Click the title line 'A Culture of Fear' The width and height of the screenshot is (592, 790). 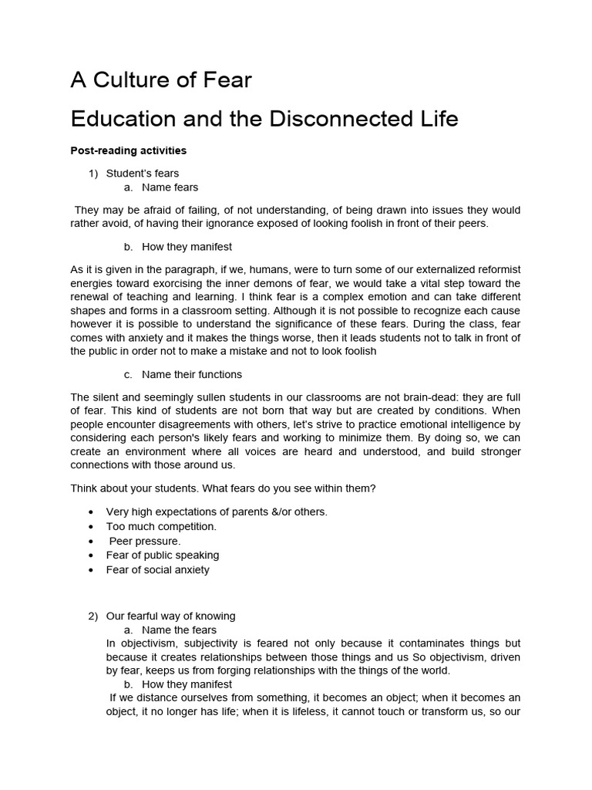click(x=161, y=79)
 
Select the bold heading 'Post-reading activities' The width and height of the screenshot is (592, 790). click(x=128, y=150)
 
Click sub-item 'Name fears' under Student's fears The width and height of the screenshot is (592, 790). click(x=170, y=187)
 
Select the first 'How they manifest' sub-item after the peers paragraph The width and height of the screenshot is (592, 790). click(x=187, y=247)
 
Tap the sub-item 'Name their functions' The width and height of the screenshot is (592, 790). click(x=192, y=374)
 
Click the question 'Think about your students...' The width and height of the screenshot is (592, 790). click(x=223, y=488)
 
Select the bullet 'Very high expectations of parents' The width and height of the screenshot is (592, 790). click(x=217, y=511)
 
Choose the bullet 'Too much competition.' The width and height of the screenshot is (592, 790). click(x=161, y=526)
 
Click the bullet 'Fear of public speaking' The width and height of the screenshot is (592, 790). click(x=163, y=555)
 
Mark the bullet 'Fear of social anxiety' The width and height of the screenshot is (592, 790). click(x=158, y=569)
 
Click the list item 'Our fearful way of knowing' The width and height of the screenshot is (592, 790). click(x=170, y=616)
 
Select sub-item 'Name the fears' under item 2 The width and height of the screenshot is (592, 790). click(x=179, y=630)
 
